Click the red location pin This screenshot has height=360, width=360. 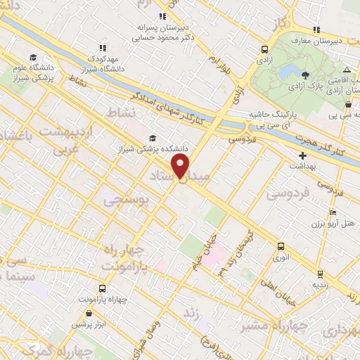[x=181, y=166]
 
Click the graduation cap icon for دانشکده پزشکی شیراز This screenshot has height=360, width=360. [x=153, y=138]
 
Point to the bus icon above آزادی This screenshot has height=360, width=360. [x=264, y=50]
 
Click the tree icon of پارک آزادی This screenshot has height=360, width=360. [x=305, y=75]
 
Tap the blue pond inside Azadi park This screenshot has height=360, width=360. [x=288, y=70]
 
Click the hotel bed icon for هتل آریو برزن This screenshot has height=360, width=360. [x=333, y=212]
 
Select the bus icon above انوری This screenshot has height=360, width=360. [x=281, y=246]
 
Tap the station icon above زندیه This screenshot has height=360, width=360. [x=321, y=274]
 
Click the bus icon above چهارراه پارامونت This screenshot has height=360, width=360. [x=103, y=288]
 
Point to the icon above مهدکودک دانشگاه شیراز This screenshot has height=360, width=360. [x=103, y=48]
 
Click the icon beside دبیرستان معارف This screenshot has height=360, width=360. [x=316, y=30]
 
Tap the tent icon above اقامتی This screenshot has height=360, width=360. [x=347, y=69]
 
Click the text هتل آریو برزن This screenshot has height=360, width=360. [x=335, y=224]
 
